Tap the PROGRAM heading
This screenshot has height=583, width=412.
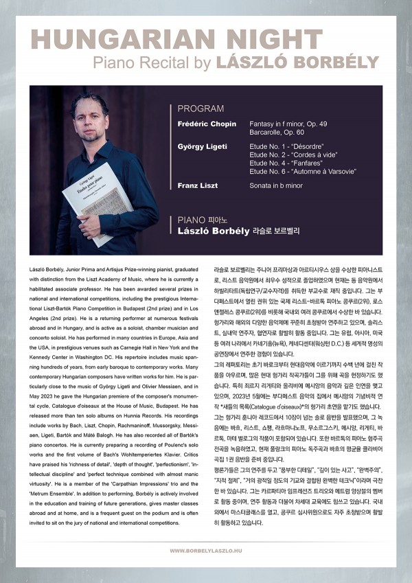coord(201,108)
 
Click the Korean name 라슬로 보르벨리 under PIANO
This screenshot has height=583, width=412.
coord(276,232)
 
